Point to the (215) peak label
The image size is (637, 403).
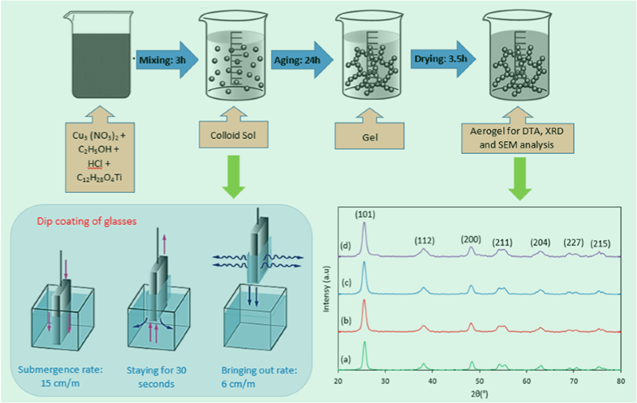(x=598, y=243)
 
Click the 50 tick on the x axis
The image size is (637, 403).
(x=480, y=379)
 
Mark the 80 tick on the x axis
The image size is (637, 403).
(x=620, y=379)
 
